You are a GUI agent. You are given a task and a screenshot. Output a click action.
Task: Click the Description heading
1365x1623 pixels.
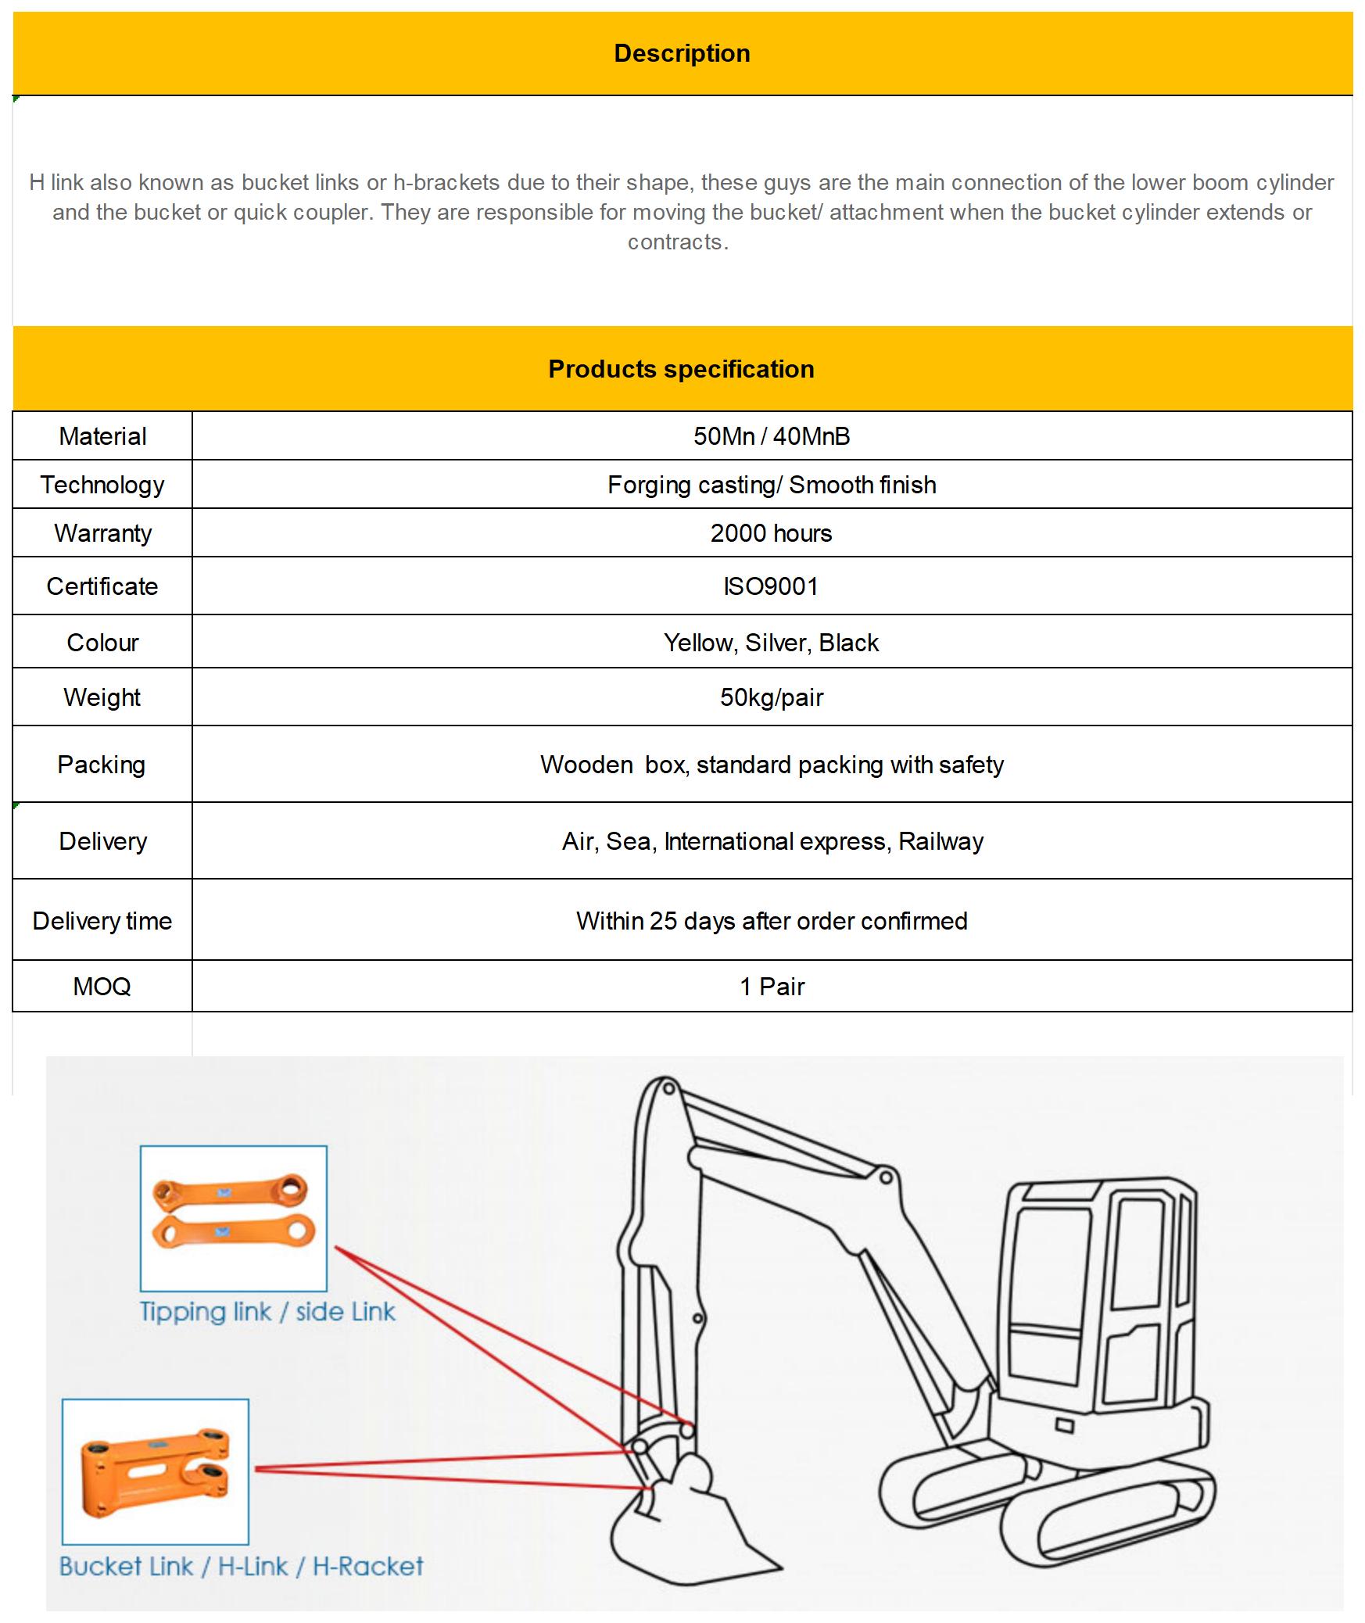tap(682, 53)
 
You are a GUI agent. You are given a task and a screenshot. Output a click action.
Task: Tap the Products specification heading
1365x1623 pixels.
tap(681, 369)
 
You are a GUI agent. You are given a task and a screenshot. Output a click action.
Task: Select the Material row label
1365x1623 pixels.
tap(102, 436)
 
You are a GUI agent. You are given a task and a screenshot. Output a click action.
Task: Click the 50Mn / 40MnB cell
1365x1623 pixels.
tap(771, 436)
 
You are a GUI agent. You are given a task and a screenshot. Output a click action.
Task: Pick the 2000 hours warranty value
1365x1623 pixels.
tap(771, 533)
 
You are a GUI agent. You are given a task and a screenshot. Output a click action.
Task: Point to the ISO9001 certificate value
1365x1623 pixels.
tap(771, 586)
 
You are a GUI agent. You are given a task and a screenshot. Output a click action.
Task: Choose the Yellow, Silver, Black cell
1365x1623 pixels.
tap(771, 643)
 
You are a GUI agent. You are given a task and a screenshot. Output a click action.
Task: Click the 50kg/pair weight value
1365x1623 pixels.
tap(771, 697)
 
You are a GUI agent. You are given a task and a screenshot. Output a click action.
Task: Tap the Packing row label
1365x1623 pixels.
tap(102, 765)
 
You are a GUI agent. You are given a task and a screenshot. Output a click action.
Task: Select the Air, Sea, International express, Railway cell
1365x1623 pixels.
tap(772, 841)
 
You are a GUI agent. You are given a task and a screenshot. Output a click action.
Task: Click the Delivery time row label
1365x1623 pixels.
tap(102, 921)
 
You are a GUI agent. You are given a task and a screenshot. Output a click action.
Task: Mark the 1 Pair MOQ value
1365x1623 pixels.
tap(772, 987)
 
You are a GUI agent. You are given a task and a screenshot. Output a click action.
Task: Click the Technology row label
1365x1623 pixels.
tap(102, 485)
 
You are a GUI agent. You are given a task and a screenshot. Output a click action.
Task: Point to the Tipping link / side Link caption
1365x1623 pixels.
tap(267, 1312)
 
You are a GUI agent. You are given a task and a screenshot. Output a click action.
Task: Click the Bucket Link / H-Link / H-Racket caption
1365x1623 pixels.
tap(241, 1567)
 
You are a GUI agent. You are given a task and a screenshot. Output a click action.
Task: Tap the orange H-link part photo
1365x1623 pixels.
tap(156, 1473)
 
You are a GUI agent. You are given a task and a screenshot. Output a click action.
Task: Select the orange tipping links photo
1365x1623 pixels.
tap(233, 1213)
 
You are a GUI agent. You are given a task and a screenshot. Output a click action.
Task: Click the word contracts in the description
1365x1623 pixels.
tap(677, 242)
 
